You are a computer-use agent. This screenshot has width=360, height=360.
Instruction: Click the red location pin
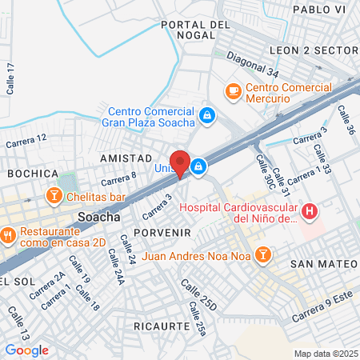[x=180, y=162]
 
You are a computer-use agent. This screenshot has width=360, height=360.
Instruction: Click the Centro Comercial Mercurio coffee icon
[x=234, y=91]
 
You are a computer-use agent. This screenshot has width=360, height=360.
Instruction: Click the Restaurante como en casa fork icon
[x=9, y=235]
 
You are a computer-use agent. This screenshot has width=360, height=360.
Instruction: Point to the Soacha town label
[x=99, y=217]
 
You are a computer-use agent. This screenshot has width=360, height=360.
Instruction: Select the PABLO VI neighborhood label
[x=319, y=9]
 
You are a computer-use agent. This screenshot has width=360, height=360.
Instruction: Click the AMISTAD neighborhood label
[x=126, y=159]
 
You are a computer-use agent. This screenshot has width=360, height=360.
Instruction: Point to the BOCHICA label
[x=33, y=174]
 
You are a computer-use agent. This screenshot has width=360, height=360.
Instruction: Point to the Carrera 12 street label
[x=26, y=141]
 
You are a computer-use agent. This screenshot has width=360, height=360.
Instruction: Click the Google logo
[x=26, y=350]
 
